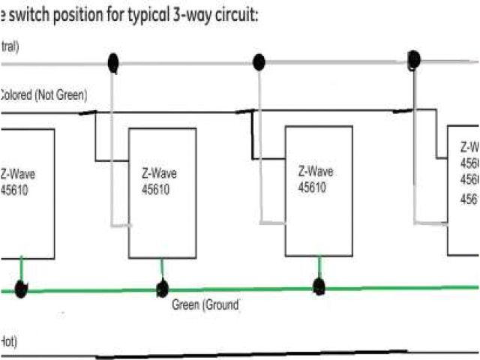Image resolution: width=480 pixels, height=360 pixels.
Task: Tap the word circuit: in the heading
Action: point(229,15)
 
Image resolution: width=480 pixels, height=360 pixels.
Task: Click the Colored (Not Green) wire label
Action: point(43,95)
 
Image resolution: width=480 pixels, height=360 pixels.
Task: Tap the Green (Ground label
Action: point(205,305)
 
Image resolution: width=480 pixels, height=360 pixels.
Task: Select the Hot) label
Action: point(8,342)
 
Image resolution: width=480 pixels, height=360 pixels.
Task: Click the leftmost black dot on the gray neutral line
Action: point(113,63)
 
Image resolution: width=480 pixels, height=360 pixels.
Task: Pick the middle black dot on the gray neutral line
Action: point(259,62)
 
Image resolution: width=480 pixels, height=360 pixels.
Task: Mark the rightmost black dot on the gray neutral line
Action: point(413,59)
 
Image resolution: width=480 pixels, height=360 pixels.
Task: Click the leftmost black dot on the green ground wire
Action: point(21,289)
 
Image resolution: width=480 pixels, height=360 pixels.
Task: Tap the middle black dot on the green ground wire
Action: point(161,289)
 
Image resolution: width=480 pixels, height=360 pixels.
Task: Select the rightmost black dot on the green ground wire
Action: point(319,286)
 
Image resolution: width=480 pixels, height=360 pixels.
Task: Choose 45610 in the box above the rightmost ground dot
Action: point(312,187)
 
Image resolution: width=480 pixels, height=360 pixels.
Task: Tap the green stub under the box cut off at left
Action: point(21,268)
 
